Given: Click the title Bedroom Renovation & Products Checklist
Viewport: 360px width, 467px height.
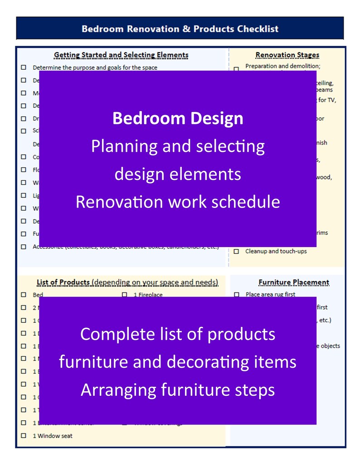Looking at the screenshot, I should pos(180,29).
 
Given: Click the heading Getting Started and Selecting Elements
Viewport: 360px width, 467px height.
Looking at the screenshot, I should pos(121,55).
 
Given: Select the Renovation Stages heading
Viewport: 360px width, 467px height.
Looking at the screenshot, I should pos(287,55).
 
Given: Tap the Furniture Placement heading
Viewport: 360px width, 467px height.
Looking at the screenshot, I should pos(293,282).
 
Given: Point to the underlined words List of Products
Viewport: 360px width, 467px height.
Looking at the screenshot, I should pos(63,282).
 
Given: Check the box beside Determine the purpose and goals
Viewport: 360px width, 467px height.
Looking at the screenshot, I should pos(24,68).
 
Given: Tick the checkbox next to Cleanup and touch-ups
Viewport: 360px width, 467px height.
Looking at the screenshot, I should pos(236,251).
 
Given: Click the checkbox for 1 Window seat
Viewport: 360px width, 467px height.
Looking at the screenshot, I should pos(24,436).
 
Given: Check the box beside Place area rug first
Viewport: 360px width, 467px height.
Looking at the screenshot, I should pos(236,295).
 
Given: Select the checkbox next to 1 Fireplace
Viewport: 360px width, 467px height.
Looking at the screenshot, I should pos(124,295).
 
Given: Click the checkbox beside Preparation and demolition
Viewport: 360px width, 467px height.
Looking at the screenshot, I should pos(236,69).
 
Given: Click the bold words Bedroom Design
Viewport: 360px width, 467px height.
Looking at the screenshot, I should pos(178,119).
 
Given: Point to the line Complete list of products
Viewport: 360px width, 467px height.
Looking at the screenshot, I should pos(178,334).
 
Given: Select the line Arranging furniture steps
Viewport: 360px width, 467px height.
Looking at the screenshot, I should pos(178,390).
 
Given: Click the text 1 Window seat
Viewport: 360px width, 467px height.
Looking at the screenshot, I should pos(52,436).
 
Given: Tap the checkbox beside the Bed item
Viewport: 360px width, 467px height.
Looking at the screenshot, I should pos(24,295).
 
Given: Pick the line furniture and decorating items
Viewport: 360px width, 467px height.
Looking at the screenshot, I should pos(178,362).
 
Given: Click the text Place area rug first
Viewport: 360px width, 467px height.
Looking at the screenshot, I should pos(270,295).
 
